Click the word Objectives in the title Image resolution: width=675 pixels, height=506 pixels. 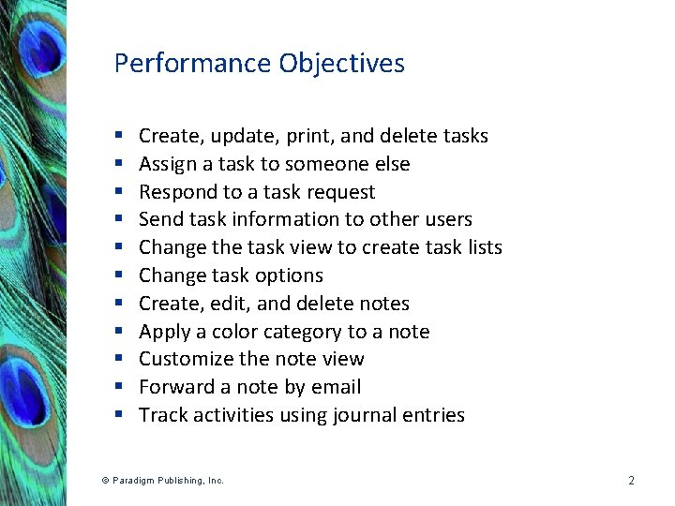(x=342, y=64)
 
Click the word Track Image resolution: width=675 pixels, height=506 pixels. (x=162, y=415)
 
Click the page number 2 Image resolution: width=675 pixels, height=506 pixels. (x=631, y=481)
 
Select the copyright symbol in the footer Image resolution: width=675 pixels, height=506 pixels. (x=105, y=481)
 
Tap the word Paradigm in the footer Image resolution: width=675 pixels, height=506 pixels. (x=133, y=481)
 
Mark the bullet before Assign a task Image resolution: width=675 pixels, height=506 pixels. (x=121, y=165)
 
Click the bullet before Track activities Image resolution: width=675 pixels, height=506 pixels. (x=121, y=415)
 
